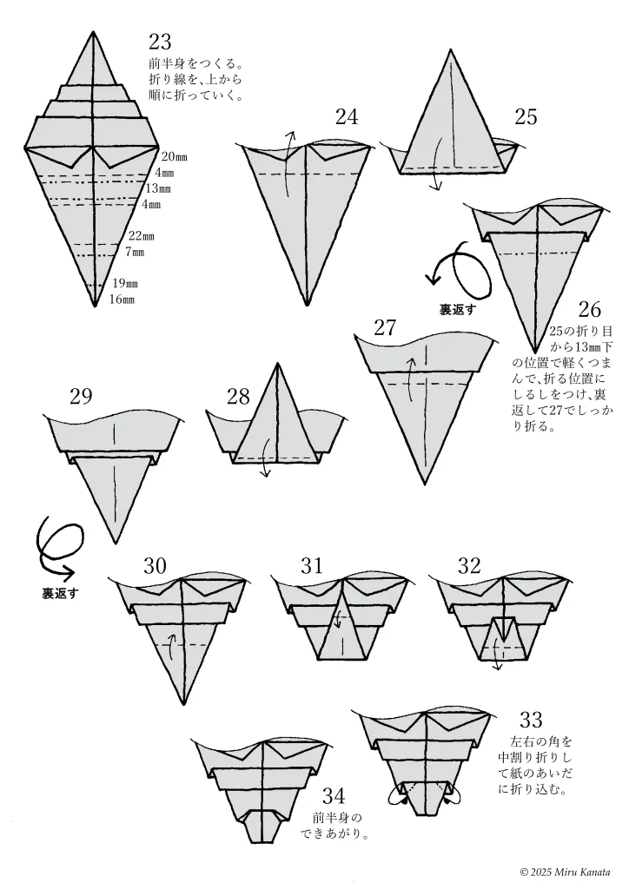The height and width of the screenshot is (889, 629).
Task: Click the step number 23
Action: pos(159,42)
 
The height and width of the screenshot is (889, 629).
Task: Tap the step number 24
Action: pos(347,117)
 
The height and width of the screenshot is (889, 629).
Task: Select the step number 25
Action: pos(526,117)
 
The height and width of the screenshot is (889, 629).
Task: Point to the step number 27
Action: pos(385,327)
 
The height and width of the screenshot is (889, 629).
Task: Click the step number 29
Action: pos(81,396)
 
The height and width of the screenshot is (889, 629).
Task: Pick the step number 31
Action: pos(311,565)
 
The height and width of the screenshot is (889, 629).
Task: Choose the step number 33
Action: pos(532,720)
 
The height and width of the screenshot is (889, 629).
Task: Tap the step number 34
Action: pos(334,797)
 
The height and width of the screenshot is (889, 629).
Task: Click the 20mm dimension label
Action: pos(174,157)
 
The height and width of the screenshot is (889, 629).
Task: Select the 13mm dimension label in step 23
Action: pos(157,188)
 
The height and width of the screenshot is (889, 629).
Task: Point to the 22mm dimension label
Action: pos(142,236)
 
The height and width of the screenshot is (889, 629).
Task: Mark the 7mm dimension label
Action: pos(135,252)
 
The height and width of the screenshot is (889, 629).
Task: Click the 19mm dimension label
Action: pos(125,284)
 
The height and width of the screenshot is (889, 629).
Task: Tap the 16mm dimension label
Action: pos(122,300)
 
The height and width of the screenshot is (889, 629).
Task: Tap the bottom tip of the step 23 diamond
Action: pos(95,306)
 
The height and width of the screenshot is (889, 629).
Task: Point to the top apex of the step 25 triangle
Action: pos(452,49)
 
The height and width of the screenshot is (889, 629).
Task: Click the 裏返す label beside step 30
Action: pos(60,594)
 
